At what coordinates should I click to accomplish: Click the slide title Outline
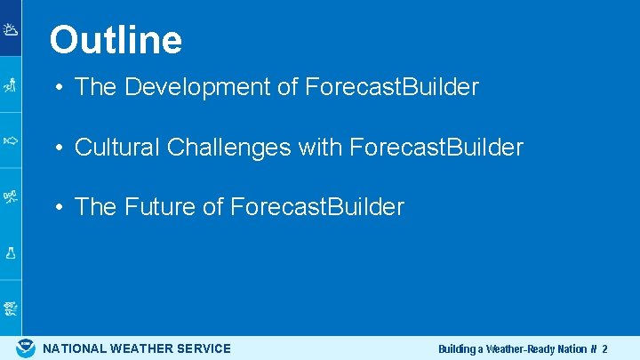(116, 40)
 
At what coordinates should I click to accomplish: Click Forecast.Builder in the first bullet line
(392, 87)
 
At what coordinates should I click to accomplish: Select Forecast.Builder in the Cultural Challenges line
(436, 148)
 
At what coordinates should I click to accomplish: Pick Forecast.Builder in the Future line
(317, 207)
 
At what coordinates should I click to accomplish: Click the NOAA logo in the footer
(26, 348)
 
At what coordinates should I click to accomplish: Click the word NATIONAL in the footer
(75, 348)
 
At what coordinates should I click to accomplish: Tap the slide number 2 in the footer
(604, 349)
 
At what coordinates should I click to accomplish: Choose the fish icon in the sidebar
(11, 140)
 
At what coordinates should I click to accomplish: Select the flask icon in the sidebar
(11, 252)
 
